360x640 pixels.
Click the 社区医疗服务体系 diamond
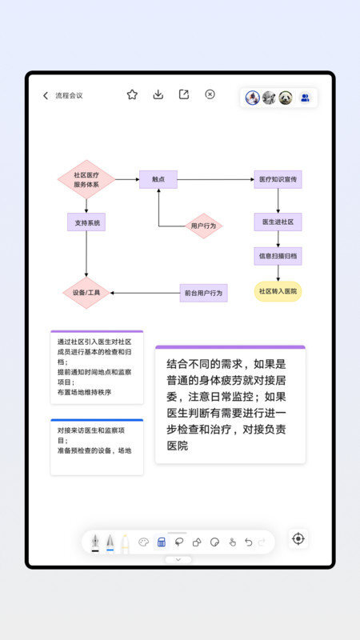(x=86, y=179)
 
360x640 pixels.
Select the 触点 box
(x=158, y=179)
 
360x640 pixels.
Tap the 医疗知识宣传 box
(x=278, y=179)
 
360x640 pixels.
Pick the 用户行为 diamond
(x=203, y=226)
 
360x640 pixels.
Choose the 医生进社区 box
(x=278, y=222)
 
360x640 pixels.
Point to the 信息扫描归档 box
(x=278, y=256)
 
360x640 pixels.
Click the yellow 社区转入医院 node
(x=278, y=291)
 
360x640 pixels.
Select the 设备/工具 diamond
(x=86, y=293)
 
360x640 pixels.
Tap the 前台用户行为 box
(x=203, y=293)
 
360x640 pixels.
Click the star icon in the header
(x=132, y=94)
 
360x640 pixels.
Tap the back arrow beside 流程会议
(x=46, y=95)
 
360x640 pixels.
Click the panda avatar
(x=286, y=98)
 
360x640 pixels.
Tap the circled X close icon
(x=210, y=94)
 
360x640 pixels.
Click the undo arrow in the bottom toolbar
(x=248, y=542)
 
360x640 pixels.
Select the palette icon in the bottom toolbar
(x=144, y=542)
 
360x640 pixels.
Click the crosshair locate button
(x=298, y=538)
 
